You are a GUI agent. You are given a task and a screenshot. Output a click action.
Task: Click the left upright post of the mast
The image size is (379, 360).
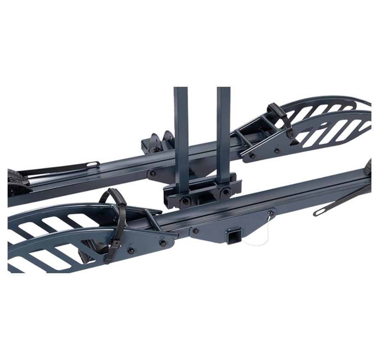[181, 135]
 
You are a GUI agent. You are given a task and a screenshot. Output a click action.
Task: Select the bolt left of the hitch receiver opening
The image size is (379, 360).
[196, 231]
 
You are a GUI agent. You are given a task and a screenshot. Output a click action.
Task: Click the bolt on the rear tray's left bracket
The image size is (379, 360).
[152, 173]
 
